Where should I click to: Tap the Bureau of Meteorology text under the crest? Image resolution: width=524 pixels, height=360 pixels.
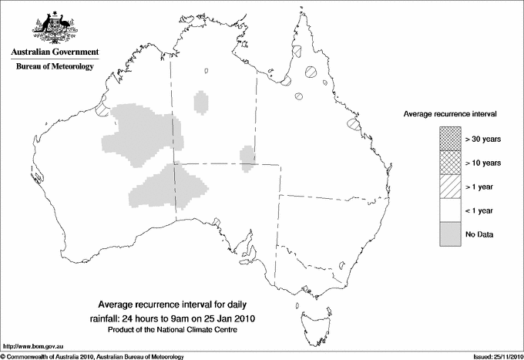tap(55, 66)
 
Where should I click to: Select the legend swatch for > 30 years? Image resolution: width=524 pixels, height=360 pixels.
tap(450, 139)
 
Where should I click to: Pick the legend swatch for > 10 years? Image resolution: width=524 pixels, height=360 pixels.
tap(450, 163)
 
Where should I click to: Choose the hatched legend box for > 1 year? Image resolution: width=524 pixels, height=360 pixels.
tap(450, 187)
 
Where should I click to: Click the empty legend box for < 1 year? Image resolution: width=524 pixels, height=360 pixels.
tap(450, 210)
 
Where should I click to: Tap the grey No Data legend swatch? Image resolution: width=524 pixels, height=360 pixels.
tap(450, 234)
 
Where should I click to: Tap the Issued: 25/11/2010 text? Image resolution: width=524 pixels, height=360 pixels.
tap(493, 356)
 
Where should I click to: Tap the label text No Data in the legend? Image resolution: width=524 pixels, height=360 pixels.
tap(479, 234)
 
